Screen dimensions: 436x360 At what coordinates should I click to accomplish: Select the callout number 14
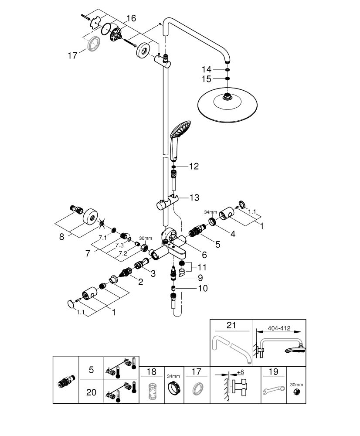click(206, 69)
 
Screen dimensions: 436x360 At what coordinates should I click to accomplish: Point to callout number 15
click(206, 79)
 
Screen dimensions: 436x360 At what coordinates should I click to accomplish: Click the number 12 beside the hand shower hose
click(194, 166)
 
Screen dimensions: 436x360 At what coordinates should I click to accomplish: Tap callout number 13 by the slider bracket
click(194, 198)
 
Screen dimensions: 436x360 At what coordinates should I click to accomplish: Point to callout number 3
click(153, 273)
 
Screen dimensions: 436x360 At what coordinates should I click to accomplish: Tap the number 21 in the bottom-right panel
click(231, 325)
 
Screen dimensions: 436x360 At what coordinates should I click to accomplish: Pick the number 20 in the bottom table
click(91, 392)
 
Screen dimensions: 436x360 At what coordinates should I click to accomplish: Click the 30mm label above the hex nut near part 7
click(145, 239)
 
